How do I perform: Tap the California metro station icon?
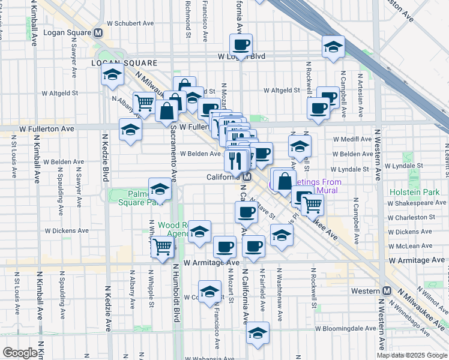pos(246,177)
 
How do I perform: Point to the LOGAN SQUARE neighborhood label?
pos(124,62)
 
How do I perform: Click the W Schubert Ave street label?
pos(130,23)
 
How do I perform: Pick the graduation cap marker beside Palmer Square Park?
pos(160,189)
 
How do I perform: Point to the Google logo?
pos(20,353)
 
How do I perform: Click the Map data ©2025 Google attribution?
pos(412,355)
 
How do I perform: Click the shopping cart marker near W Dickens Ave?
pos(162,246)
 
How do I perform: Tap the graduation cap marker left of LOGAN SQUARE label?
pos(112,75)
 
